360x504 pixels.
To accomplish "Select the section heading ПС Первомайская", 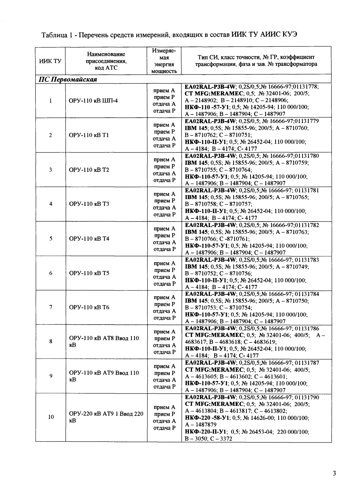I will coord(67,79).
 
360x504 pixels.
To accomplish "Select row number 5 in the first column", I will coord(51,239).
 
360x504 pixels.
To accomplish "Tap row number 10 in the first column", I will coord(51,417).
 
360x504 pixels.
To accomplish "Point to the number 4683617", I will coord(194,342).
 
